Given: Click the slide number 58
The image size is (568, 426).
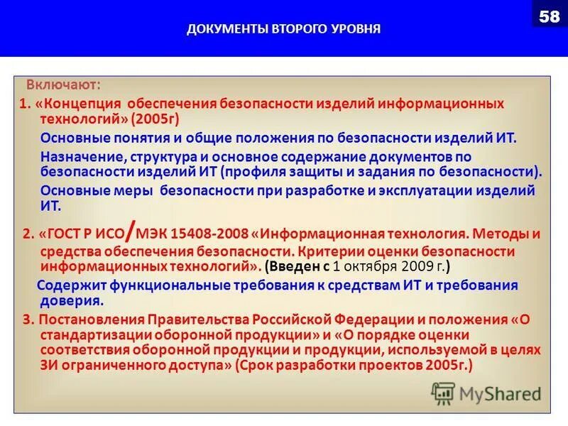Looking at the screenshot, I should [549, 16].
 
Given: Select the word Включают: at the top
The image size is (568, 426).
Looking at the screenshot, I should [64, 85].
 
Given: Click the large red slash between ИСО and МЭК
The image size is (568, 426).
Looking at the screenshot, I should [131, 229].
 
